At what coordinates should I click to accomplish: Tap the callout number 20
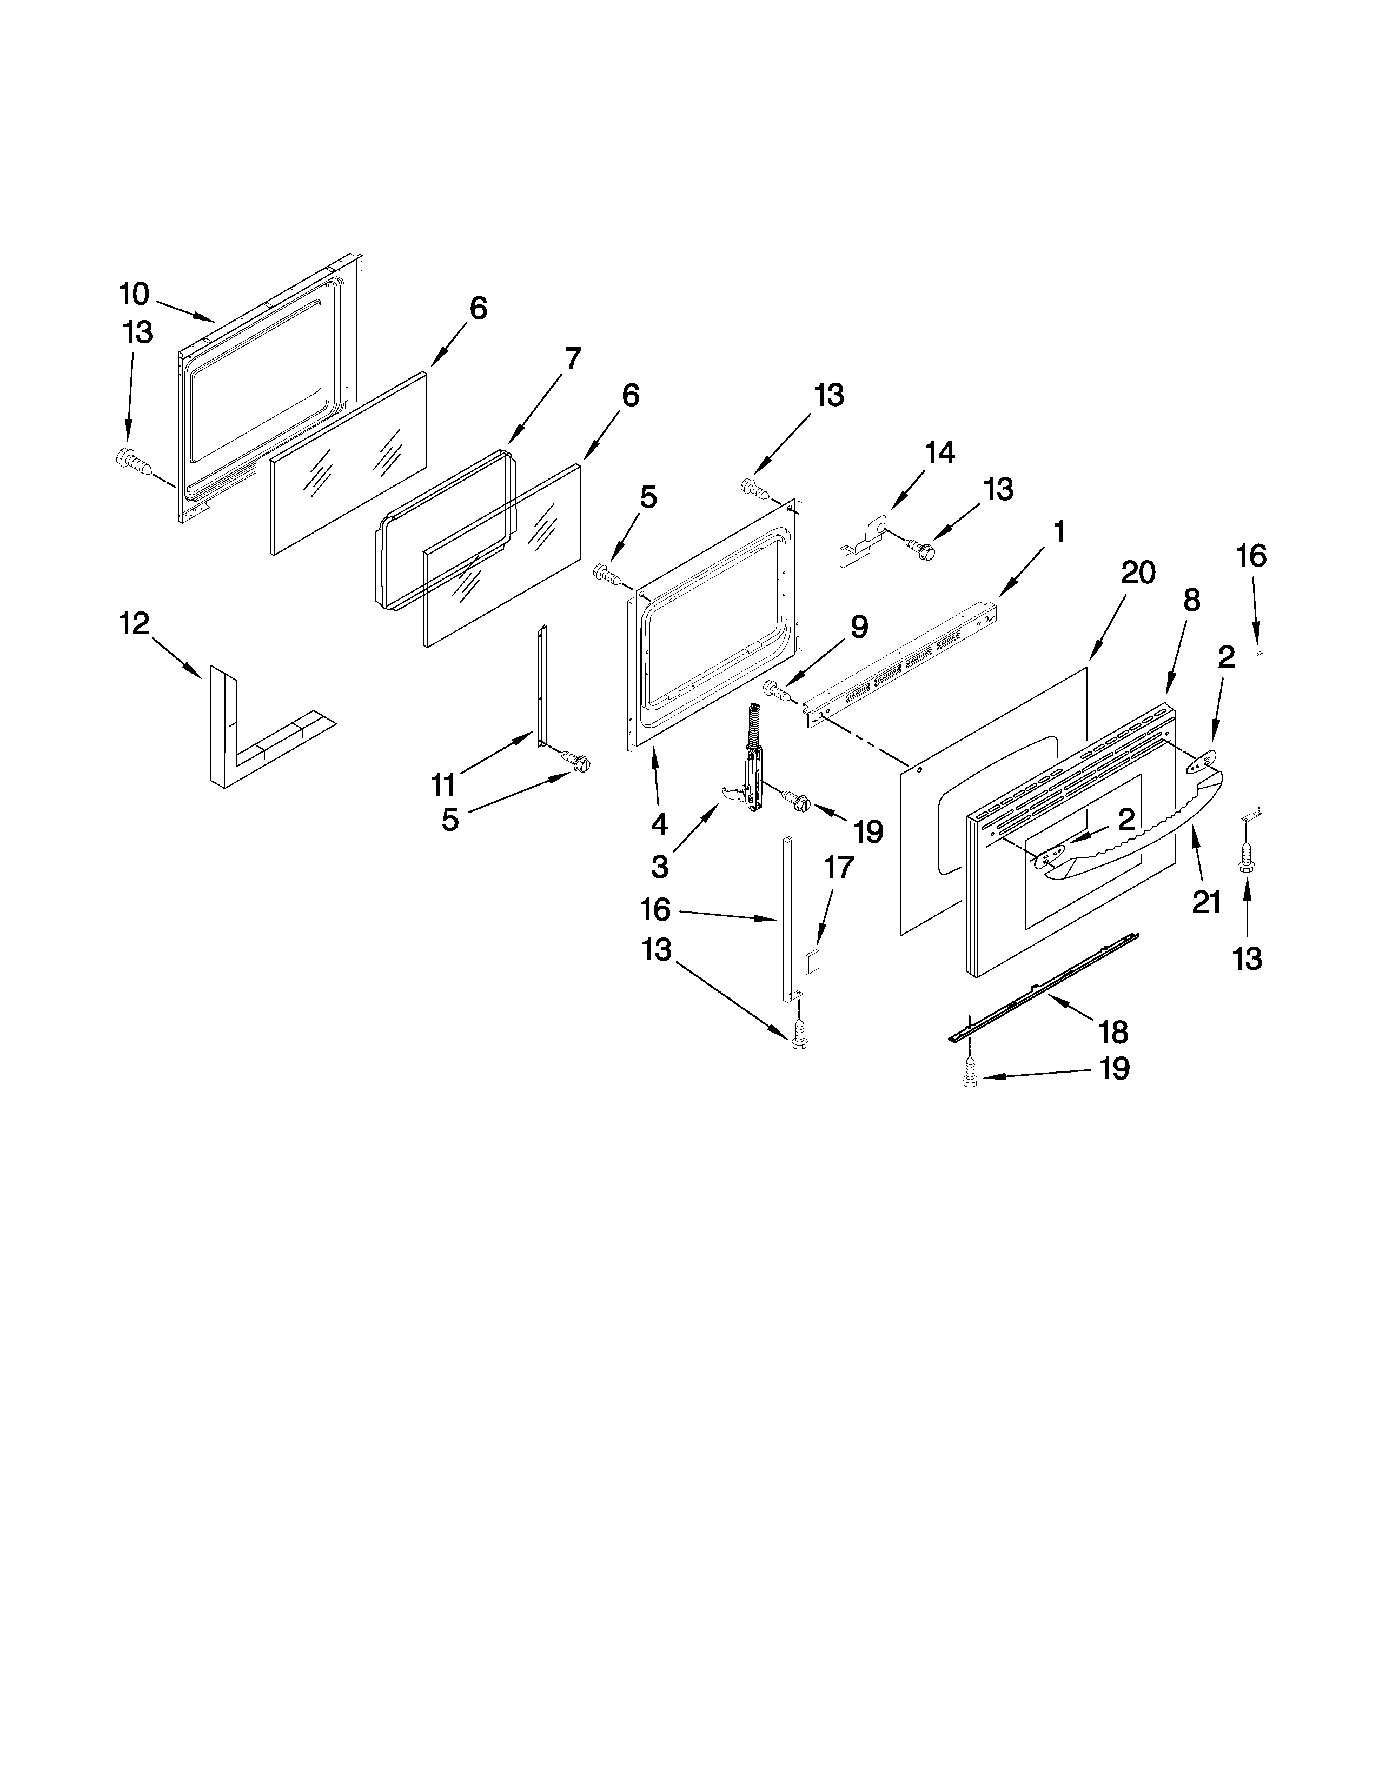(1137, 574)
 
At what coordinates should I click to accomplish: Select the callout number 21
(1206, 903)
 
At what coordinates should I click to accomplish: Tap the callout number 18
(1113, 1033)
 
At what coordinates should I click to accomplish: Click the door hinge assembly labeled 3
(750, 760)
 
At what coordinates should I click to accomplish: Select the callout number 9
(859, 627)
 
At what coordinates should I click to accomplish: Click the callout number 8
(1191, 601)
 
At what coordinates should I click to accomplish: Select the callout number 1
(1059, 532)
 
